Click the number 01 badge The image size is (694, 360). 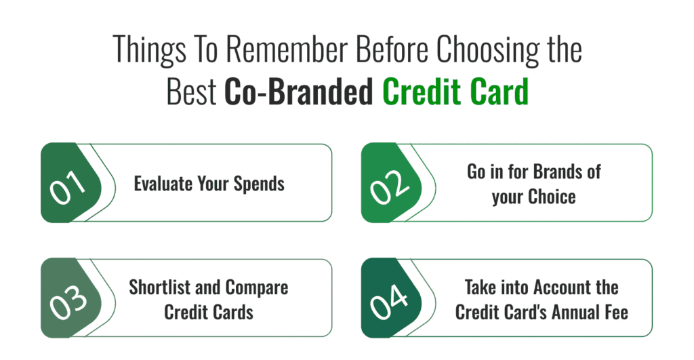pyautogui.click(x=70, y=182)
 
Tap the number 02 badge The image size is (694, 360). pyautogui.click(x=391, y=182)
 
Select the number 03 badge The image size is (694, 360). pyautogui.click(x=70, y=298)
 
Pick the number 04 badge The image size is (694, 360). pyautogui.click(x=391, y=298)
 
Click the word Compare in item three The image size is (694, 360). pyautogui.click(x=257, y=288)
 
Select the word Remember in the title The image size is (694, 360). pyautogui.click(x=287, y=49)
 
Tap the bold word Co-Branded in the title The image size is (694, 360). pyautogui.click(x=299, y=92)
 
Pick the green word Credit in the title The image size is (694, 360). pyautogui.click(x=423, y=92)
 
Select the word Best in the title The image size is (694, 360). pyautogui.click(x=191, y=92)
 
